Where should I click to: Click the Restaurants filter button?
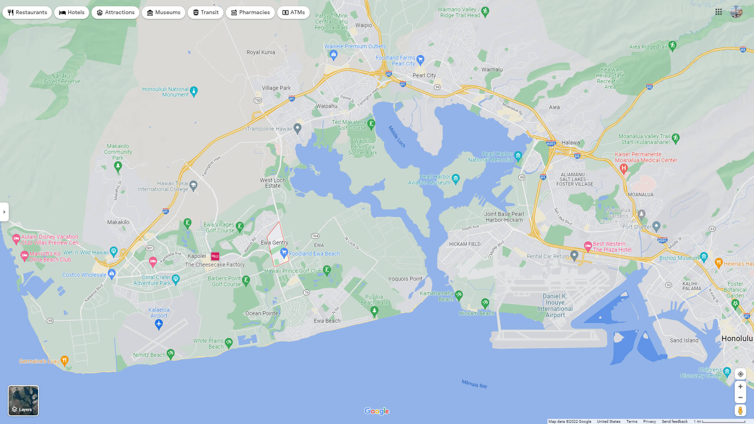coord(27,13)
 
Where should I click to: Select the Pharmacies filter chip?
coord(250,13)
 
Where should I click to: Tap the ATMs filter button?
coord(293,13)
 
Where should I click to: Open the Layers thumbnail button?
coord(24,400)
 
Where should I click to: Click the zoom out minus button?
coord(740,398)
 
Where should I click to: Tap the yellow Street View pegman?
coord(740,411)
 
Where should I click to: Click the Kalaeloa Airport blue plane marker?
coord(159,324)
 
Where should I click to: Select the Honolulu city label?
coord(737,338)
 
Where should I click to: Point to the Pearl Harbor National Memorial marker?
coord(518,155)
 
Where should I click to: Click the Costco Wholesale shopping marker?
coord(112,273)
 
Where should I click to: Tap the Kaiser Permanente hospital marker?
coord(623,168)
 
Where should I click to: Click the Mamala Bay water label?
coord(474,384)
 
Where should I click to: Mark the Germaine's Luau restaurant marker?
coord(65,360)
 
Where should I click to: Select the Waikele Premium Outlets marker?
coord(334,54)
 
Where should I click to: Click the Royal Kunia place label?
coord(261,52)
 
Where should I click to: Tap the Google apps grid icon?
coord(719,12)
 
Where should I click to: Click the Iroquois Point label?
coord(405,279)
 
